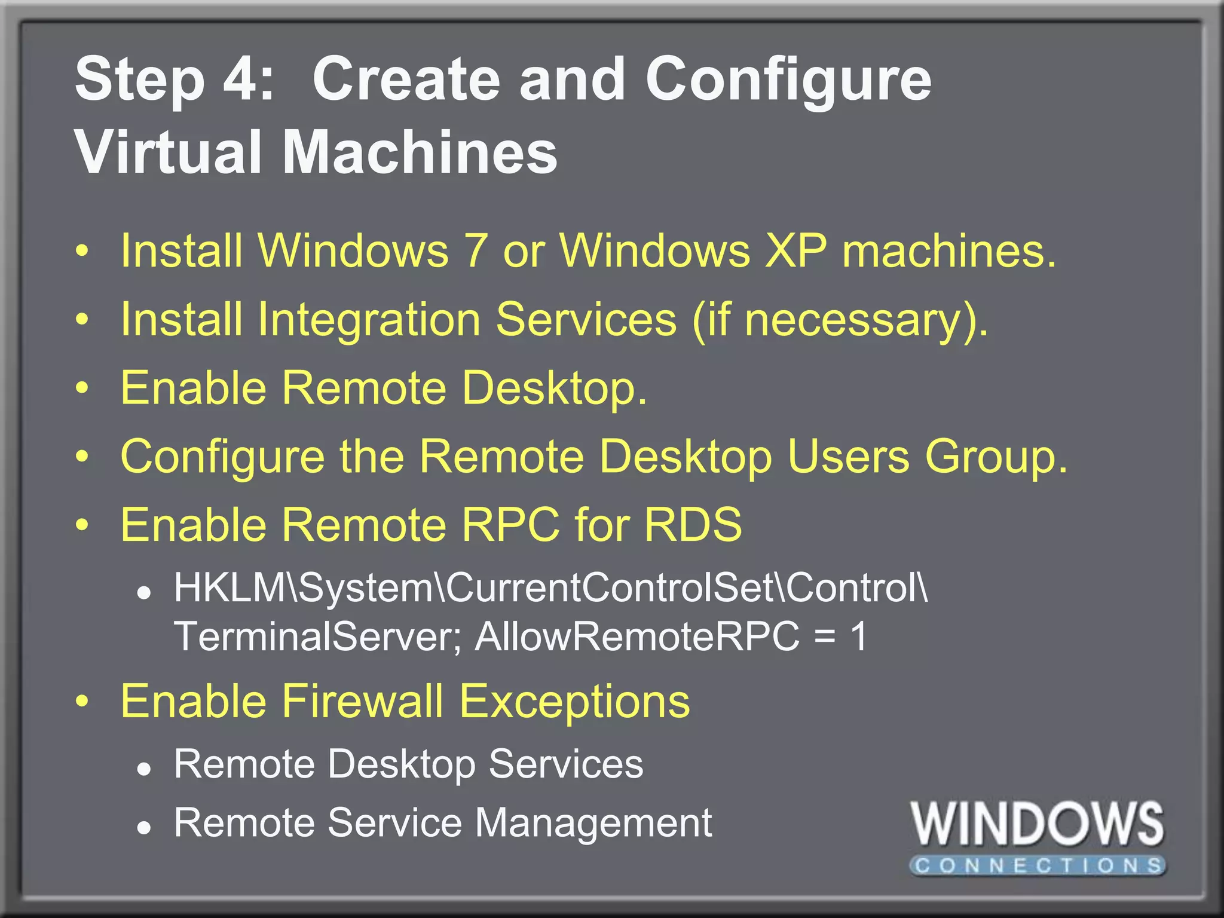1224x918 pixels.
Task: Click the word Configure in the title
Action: coord(788,81)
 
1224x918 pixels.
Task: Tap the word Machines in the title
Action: coord(419,153)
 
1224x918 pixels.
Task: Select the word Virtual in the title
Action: coord(168,153)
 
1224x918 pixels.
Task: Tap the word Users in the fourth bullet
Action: coord(848,457)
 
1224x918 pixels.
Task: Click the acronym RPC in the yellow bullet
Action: coord(511,525)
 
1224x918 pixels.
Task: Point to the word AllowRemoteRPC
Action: coord(637,636)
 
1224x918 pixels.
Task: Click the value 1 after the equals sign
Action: coord(859,636)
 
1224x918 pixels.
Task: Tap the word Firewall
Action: coord(362,701)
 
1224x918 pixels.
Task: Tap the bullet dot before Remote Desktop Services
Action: coord(143,770)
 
